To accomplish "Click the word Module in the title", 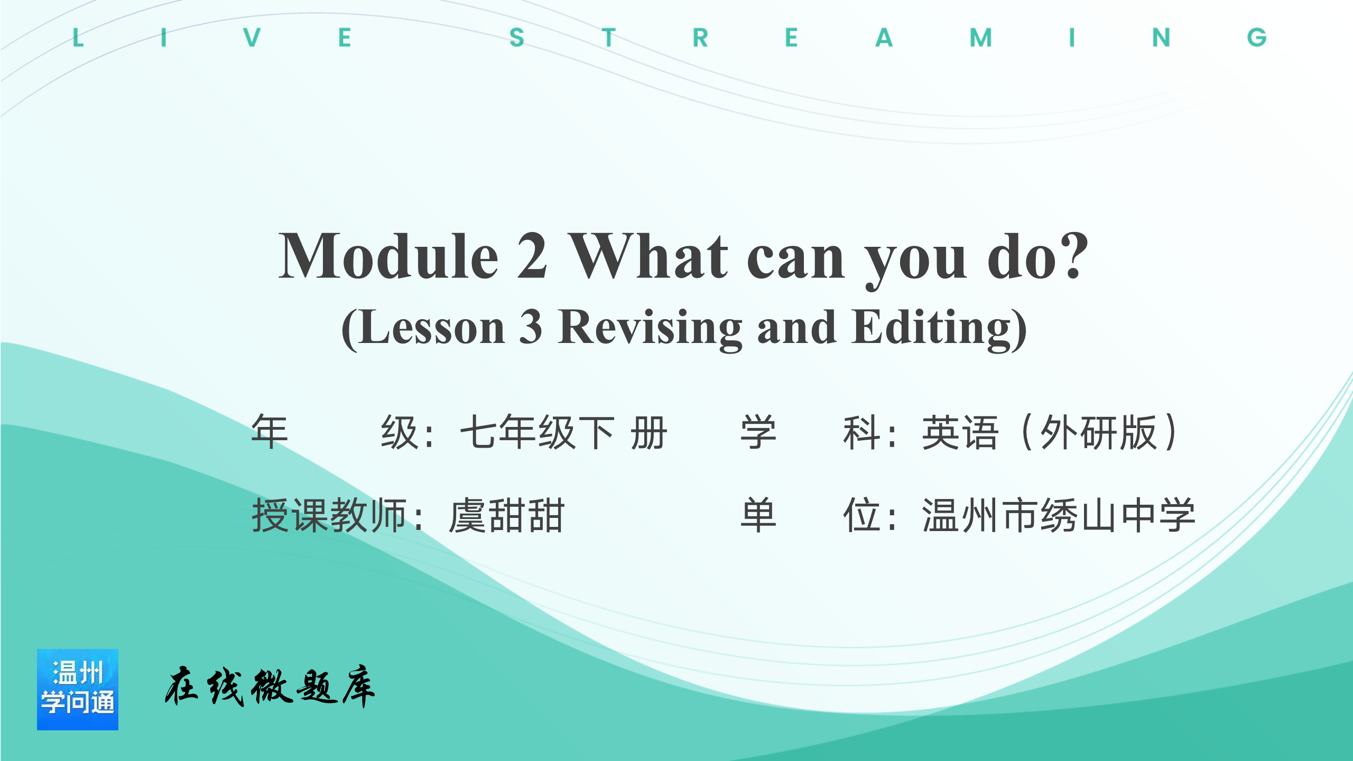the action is point(388,256).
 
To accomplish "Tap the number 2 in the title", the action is point(532,256).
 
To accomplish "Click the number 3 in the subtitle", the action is point(530,327).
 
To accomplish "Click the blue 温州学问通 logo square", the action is point(78,690).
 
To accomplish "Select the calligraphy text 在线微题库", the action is point(270,686).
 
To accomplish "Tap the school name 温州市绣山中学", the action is point(1059,516).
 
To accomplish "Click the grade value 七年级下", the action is point(538,432).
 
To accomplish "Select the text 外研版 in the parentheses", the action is point(1099,432).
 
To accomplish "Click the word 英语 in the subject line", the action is point(960,432).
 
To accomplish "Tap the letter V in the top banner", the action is point(252,38).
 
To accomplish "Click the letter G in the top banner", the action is point(1257,38).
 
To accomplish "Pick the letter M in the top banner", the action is point(981,38).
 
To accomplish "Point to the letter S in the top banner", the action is point(517,38).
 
